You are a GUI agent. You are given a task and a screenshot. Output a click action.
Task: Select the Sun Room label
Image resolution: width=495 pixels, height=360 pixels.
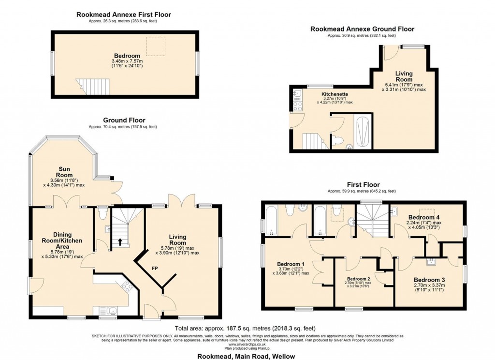[x=63, y=172]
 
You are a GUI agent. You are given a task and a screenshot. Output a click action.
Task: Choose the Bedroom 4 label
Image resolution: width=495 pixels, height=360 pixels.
[x=423, y=217]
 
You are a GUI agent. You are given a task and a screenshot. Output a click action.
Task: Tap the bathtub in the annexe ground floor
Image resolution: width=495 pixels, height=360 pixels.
[x=363, y=132]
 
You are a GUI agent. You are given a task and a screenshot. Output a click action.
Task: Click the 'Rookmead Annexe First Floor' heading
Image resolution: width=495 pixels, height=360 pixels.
[x=124, y=15]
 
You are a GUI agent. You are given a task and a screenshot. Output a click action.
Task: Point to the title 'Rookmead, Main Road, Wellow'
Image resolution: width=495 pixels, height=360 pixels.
[x=247, y=356]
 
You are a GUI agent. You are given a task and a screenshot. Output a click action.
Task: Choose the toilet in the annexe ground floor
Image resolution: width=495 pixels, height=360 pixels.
[x=339, y=140]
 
